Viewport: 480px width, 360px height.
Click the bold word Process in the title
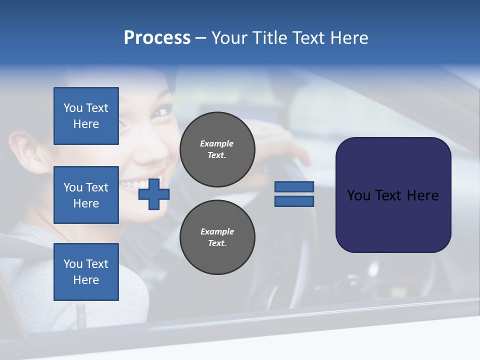click(157, 38)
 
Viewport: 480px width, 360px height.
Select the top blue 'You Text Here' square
click(86, 116)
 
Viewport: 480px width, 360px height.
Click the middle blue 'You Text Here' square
click(86, 195)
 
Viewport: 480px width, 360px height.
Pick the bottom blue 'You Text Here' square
click(86, 271)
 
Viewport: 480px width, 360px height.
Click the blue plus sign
click(154, 194)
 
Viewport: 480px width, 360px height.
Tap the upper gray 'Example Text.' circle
click(217, 149)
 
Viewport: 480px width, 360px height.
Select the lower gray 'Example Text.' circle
click(217, 237)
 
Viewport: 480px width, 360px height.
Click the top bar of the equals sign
click(294, 187)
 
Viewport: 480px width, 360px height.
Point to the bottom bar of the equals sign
click(294, 201)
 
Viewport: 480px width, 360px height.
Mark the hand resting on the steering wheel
click(280, 145)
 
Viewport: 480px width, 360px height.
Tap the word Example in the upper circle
click(217, 143)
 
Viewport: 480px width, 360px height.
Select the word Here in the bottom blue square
click(86, 280)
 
